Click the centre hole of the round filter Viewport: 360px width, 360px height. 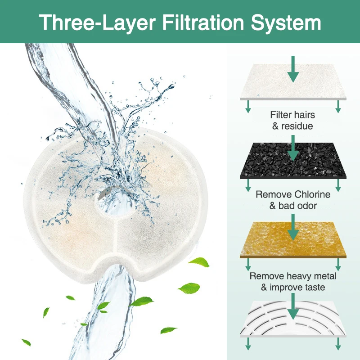(x=108, y=206)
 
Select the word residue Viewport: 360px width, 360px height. (x=297, y=126)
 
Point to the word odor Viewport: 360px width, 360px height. (x=306, y=206)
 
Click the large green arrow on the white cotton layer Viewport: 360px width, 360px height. (x=293, y=70)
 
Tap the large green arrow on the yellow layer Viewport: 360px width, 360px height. (x=293, y=227)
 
